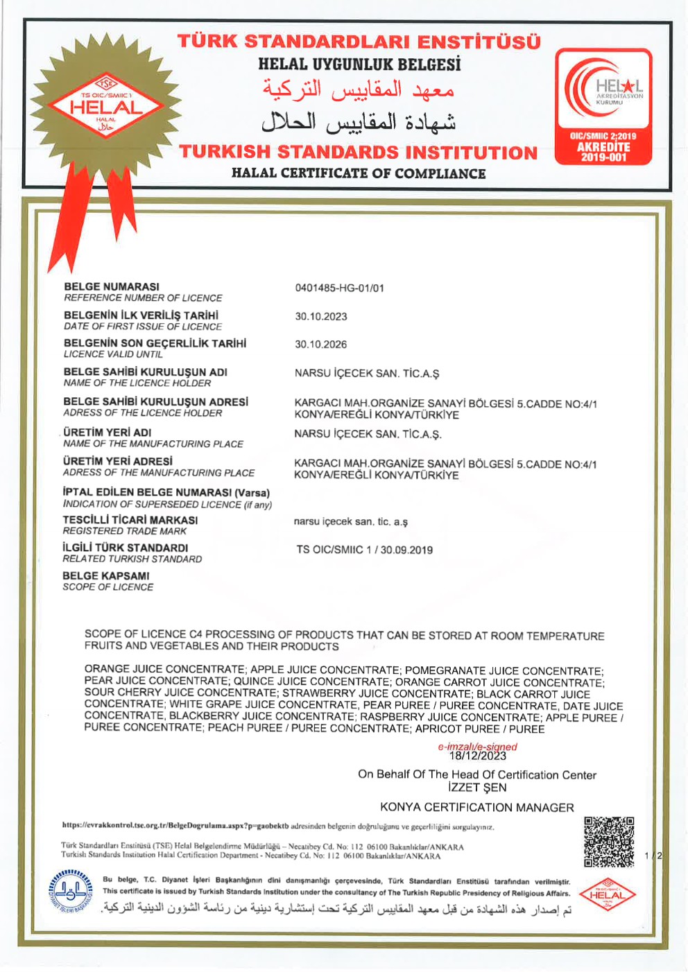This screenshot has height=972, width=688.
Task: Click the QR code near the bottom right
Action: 609,842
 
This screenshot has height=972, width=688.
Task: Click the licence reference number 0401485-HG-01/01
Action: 339,288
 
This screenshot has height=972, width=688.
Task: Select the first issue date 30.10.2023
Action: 321,316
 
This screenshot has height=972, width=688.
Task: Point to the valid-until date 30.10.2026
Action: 321,344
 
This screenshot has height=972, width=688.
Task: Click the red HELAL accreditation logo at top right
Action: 603,106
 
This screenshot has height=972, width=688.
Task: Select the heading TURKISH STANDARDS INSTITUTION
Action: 358,153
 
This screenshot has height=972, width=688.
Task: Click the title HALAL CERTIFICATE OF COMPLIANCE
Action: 359,173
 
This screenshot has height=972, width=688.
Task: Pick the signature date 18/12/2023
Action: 478,756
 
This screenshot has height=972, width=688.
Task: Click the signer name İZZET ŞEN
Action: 477,788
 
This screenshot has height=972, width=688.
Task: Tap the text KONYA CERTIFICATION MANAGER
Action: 477,807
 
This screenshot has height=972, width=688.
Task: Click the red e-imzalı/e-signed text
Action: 477,747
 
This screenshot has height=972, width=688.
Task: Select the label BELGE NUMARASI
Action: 112,286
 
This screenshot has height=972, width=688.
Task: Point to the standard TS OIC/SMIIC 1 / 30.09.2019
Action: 365,550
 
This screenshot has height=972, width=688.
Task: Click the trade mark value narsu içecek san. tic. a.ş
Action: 351,521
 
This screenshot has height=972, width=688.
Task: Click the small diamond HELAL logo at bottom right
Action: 607,894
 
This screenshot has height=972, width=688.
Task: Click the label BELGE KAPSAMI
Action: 106,575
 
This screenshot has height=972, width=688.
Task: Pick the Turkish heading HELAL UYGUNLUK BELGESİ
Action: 359,64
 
